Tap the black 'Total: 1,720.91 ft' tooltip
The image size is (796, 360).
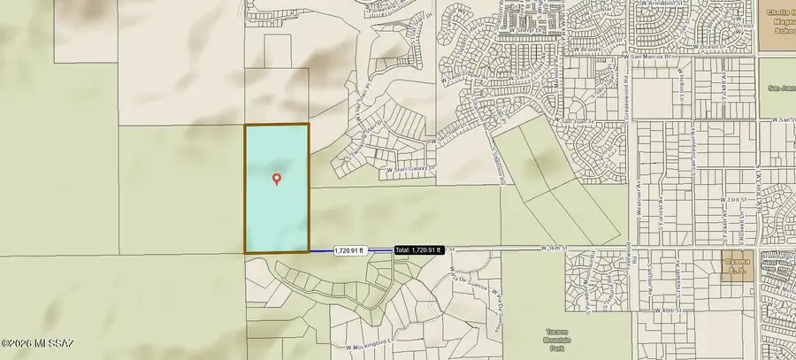(x=417, y=250)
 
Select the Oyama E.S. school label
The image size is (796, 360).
(x=736, y=264)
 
